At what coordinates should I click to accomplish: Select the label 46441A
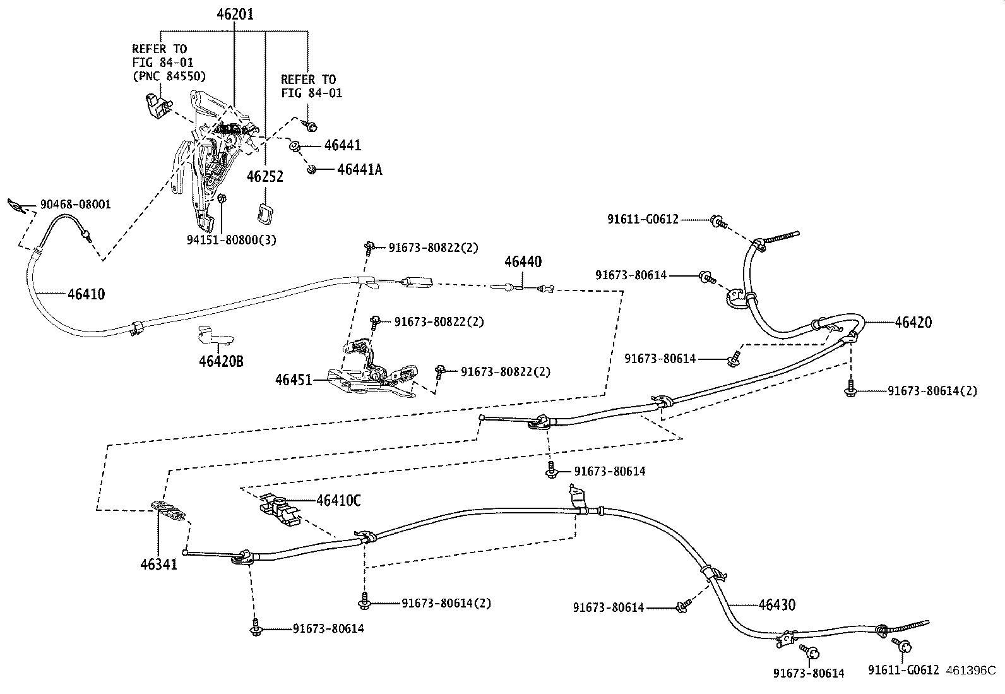click(x=359, y=169)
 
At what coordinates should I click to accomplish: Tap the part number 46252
click(x=265, y=176)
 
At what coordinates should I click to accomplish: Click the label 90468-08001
click(x=75, y=204)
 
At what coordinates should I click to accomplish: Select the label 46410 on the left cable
click(x=86, y=294)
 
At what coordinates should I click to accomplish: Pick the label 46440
click(x=523, y=261)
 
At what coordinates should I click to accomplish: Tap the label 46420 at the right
click(x=913, y=322)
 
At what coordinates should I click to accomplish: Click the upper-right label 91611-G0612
click(x=643, y=219)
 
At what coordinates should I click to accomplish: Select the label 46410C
click(x=338, y=500)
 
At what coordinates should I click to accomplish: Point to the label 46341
click(x=158, y=563)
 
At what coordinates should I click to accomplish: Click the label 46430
click(x=776, y=604)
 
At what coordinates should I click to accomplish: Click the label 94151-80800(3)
click(x=232, y=240)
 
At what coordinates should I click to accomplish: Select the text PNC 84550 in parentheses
click(x=169, y=76)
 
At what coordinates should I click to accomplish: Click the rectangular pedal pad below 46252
click(x=263, y=213)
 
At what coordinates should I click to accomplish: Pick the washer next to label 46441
click(x=295, y=147)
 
